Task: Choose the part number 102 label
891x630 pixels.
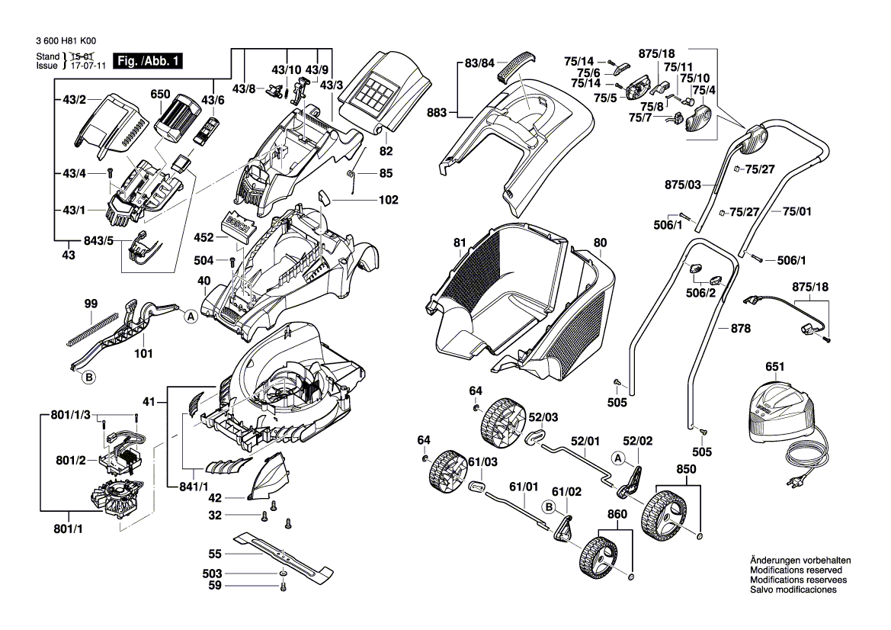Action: click(x=389, y=201)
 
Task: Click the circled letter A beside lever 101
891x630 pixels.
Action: click(x=188, y=314)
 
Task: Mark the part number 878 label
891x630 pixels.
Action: click(x=740, y=329)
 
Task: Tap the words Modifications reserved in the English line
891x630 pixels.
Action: click(x=796, y=570)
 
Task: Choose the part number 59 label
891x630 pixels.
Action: click(x=215, y=586)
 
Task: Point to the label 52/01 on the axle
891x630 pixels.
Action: click(x=586, y=440)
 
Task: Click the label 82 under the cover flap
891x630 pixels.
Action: click(x=386, y=151)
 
